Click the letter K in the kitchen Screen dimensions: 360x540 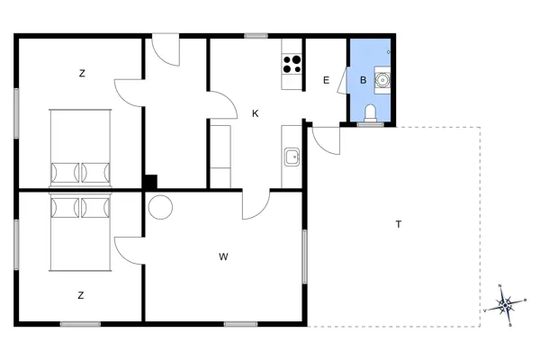256,113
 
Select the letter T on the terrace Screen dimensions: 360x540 398,224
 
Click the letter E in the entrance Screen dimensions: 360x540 326,81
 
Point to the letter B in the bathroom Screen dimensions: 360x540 363,81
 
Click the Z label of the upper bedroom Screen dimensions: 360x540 82,73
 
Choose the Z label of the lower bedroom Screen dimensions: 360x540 81,294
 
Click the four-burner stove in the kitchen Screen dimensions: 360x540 292,64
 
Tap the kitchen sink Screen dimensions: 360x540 292,158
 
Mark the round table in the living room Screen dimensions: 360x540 160,207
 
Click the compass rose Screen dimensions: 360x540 505,304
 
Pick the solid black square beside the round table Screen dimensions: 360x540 150,181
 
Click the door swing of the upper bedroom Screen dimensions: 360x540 128,91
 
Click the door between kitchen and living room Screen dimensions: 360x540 255,204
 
